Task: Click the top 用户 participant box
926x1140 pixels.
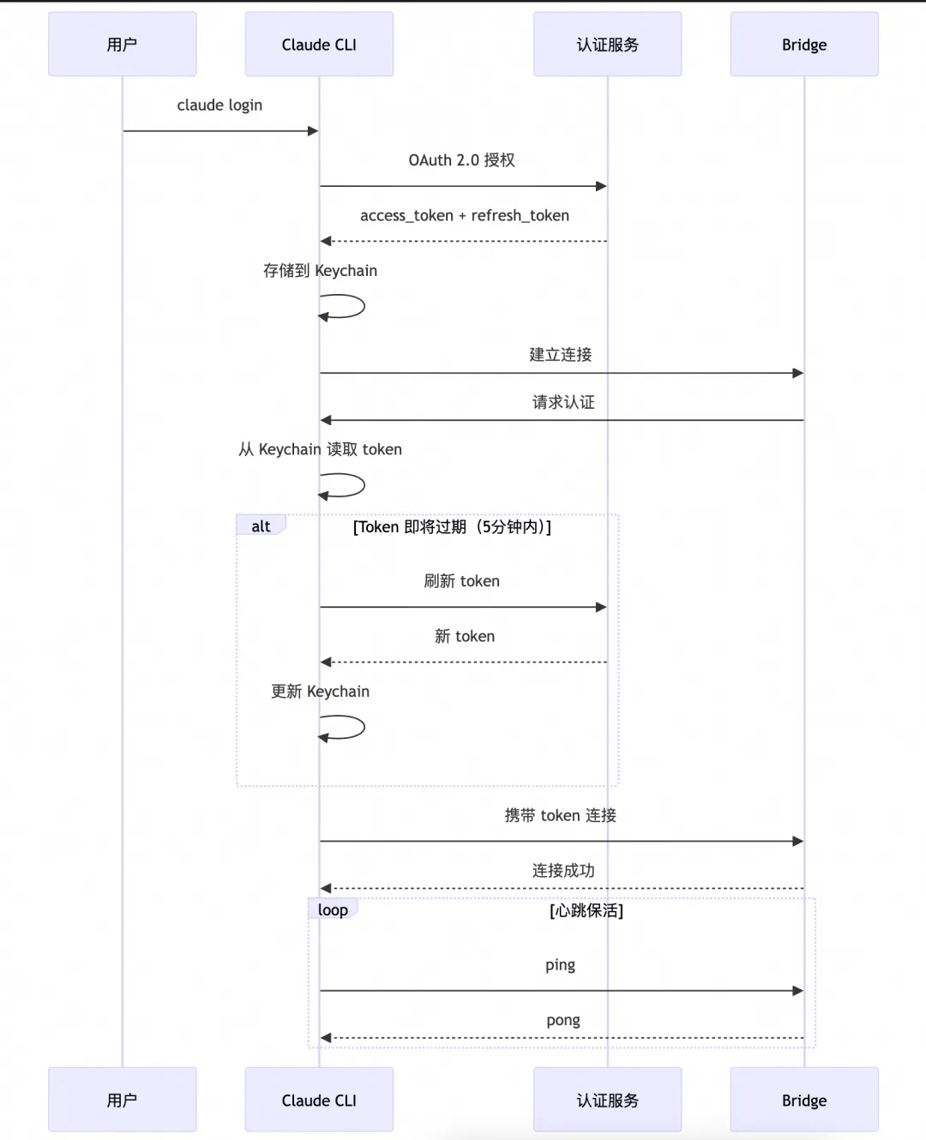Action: pyautogui.click(x=122, y=45)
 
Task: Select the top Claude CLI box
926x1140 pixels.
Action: pyautogui.click(x=319, y=45)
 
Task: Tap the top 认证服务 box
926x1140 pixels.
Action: pyautogui.click(x=607, y=45)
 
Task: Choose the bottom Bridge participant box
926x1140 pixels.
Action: pyautogui.click(x=803, y=1100)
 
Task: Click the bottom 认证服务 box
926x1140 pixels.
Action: pyautogui.click(x=607, y=1100)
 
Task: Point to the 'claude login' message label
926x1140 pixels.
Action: pyautogui.click(x=219, y=105)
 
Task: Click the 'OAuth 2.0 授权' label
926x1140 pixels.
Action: pyautogui.click(x=461, y=160)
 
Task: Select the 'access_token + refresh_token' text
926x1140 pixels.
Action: pyautogui.click(x=464, y=216)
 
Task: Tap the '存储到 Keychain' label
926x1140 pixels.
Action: pyautogui.click(x=320, y=271)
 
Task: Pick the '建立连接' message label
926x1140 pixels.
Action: pyautogui.click(x=560, y=355)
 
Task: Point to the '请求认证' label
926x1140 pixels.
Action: pyautogui.click(x=562, y=402)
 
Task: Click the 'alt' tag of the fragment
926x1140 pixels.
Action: pyautogui.click(x=261, y=526)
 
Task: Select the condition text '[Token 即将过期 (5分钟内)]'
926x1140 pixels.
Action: pyautogui.click(x=452, y=527)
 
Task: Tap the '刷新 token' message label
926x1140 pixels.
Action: pyautogui.click(x=461, y=581)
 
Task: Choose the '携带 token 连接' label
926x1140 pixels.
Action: pyautogui.click(x=560, y=816)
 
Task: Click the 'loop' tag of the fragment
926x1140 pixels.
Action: pyautogui.click(x=333, y=910)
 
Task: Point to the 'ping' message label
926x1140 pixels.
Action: pyautogui.click(x=560, y=965)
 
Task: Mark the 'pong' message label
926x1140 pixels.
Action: pyautogui.click(x=562, y=1020)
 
